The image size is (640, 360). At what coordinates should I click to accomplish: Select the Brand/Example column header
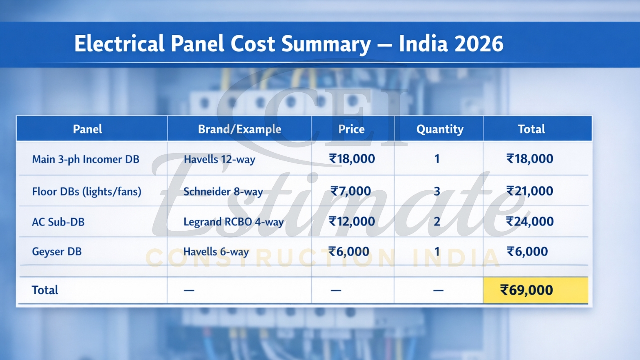(x=239, y=129)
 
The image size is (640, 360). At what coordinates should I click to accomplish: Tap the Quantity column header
(x=440, y=129)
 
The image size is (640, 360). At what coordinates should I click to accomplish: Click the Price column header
(x=351, y=129)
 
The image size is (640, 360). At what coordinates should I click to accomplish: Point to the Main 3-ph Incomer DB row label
(x=85, y=160)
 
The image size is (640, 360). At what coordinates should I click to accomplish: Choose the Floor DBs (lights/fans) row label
(x=86, y=191)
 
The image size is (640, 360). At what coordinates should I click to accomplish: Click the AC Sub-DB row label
(x=58, y=222)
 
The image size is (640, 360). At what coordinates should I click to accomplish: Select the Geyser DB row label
(x=57, y=252)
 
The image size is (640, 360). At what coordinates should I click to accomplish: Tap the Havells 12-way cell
(x=219, y=160)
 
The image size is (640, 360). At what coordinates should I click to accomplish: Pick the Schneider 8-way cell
(x=223, y=192)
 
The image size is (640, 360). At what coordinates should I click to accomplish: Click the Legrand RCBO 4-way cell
(x=233, y=222)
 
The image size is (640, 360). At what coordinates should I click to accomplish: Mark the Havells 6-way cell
(x=216, y=252)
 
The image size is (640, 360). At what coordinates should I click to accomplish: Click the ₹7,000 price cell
(x=351, y=191)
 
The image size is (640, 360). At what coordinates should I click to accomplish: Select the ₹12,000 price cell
(x=352, y=221)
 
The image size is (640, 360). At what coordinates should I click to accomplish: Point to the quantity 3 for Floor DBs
(x=437, y=191)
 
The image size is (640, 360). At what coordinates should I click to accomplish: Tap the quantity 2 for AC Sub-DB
(x=437, y=221)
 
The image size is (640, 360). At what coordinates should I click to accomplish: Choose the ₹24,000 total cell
(x=530, y=221)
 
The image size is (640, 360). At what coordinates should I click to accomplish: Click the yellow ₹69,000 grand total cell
(x=535, y=290)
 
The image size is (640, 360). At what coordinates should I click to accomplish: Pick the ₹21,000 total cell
(x=530, y=191)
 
